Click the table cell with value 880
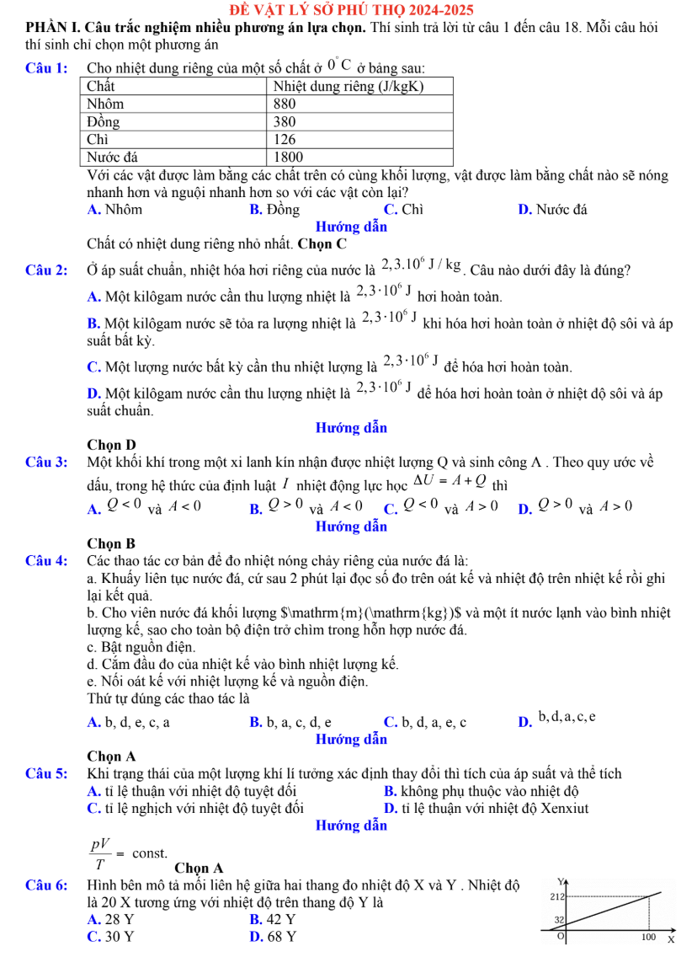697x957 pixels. pyautogui.click(x=286, y=103)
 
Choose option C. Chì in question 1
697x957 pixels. pyautogui.click(x=403, y=210)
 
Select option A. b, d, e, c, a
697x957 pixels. pyautogui.click(x=128, y=722)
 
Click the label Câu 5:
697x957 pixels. pyautogui.click(x=46, y=773)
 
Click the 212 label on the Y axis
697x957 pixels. pyautogui.click(x=555, y=895)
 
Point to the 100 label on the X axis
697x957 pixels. pyautogui.click(x=647, y=937)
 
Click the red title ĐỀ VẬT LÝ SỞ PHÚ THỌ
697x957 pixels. pyautogui.click(x=348, y=10)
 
